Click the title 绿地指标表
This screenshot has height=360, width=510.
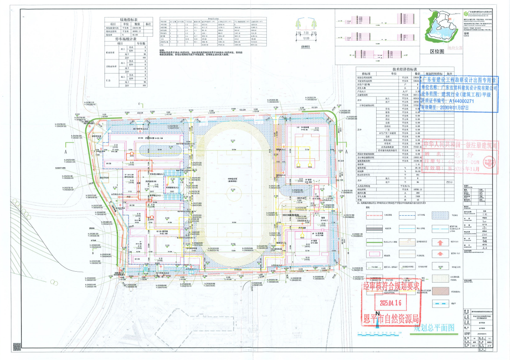[129, 20]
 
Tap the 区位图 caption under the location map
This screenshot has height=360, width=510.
[437, 51]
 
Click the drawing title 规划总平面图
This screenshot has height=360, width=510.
[435, 327]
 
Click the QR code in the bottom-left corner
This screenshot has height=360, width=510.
[17, 347]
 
